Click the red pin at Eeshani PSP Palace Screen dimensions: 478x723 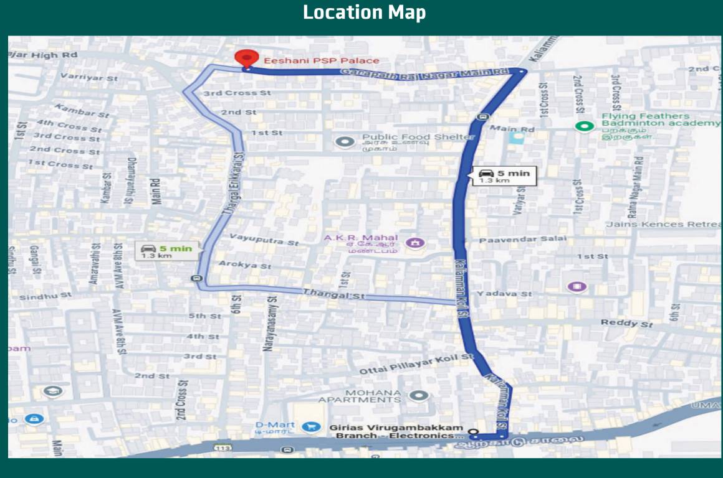247,59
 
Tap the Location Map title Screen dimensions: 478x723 364,12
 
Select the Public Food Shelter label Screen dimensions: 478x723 418,137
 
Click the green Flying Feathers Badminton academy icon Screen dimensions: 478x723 584,126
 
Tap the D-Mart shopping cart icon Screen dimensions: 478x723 308,426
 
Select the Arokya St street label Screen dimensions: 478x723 245,265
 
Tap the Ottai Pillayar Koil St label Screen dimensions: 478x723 416,364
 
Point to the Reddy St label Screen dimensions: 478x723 626,323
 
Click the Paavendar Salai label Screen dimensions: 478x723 523,239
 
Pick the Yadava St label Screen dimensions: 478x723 504,293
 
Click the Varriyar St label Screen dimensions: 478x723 89,78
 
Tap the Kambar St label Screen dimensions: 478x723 82,111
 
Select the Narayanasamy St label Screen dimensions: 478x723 270,324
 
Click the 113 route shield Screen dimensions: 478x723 222,448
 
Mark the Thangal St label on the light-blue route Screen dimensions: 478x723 334,294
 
